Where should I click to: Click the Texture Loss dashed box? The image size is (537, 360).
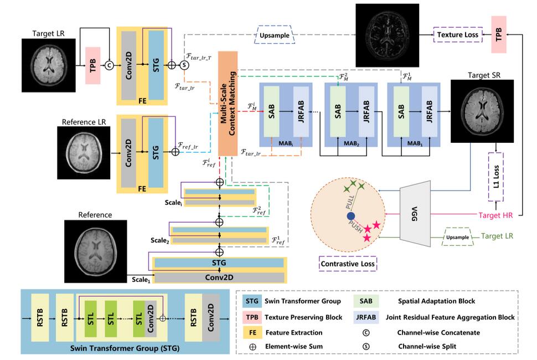tap(457, 34)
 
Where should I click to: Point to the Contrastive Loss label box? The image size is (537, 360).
tap(348, 264)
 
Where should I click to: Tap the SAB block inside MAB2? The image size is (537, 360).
tap(337, 111)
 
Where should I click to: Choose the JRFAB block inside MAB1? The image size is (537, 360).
tap(429, 111)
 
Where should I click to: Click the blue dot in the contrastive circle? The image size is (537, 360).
tap(350, 215)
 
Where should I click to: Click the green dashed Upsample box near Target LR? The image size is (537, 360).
tap(457, 237)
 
